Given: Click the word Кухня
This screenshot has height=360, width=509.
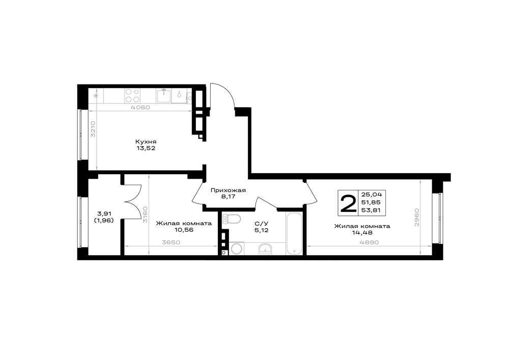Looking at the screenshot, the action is (x=146, y=142).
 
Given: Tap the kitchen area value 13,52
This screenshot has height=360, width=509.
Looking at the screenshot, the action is (x=146, y=148).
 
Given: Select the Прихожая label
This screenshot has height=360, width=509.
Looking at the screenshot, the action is (x=228, y=190).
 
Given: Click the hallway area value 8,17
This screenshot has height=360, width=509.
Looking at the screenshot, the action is (x=228, y=197).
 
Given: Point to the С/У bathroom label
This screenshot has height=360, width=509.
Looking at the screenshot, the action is (x=261, y=224).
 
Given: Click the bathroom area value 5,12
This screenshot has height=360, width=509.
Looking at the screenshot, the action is (x=261, y=230).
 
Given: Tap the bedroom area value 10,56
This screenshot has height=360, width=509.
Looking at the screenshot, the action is (x=184, y=230).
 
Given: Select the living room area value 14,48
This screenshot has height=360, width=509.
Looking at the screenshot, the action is (x=362, y=232).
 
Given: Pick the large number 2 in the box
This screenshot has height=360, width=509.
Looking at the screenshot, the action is (x=348, y=203).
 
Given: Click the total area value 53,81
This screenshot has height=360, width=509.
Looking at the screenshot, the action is (x=371, y=210).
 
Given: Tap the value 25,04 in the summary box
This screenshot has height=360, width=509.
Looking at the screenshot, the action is (x=372, y=195).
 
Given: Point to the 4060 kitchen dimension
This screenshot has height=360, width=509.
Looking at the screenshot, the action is (x=141, y=107).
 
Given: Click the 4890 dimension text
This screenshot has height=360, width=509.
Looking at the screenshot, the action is (x=370, y=242).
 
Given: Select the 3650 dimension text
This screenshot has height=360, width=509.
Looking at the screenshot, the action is (x=171, y=242).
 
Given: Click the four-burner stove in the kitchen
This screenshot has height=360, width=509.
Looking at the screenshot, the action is (x=132, y=95).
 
